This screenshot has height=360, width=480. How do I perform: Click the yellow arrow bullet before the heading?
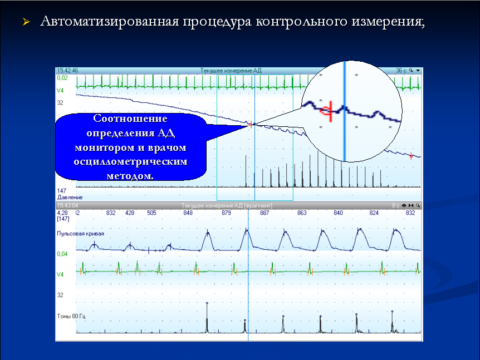(x=26, y=22)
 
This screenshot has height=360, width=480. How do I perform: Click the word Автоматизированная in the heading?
(x=109, y=21)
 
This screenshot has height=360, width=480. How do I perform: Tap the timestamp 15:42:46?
(x=67, y=71)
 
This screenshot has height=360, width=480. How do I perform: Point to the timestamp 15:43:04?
(x=67, y=205)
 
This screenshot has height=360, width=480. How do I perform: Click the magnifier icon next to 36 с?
(x=411, y=71)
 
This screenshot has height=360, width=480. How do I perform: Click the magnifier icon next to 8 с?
(x=418, y=205)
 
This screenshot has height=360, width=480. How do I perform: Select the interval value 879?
(x=226, y=213)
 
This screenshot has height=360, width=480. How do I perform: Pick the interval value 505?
(x=151, y=213)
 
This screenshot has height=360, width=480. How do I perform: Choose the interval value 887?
(x=265, y=213)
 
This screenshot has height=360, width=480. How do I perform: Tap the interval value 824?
(x=374, y=213)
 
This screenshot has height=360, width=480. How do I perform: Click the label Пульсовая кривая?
(x=81, y=234)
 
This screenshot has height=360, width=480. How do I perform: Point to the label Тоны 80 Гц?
(x=71, y=316)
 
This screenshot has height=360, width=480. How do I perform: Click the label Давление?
(x=70, y=198)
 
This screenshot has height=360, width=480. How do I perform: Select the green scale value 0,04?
(x=62, y=254)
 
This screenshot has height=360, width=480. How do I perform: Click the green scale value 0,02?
(x=62, y=78)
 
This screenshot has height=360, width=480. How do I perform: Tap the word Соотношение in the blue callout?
(x=130, y=119)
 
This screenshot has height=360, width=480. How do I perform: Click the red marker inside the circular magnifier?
(x=327, y=111)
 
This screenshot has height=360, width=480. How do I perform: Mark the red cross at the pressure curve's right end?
(x=411, y=156)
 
